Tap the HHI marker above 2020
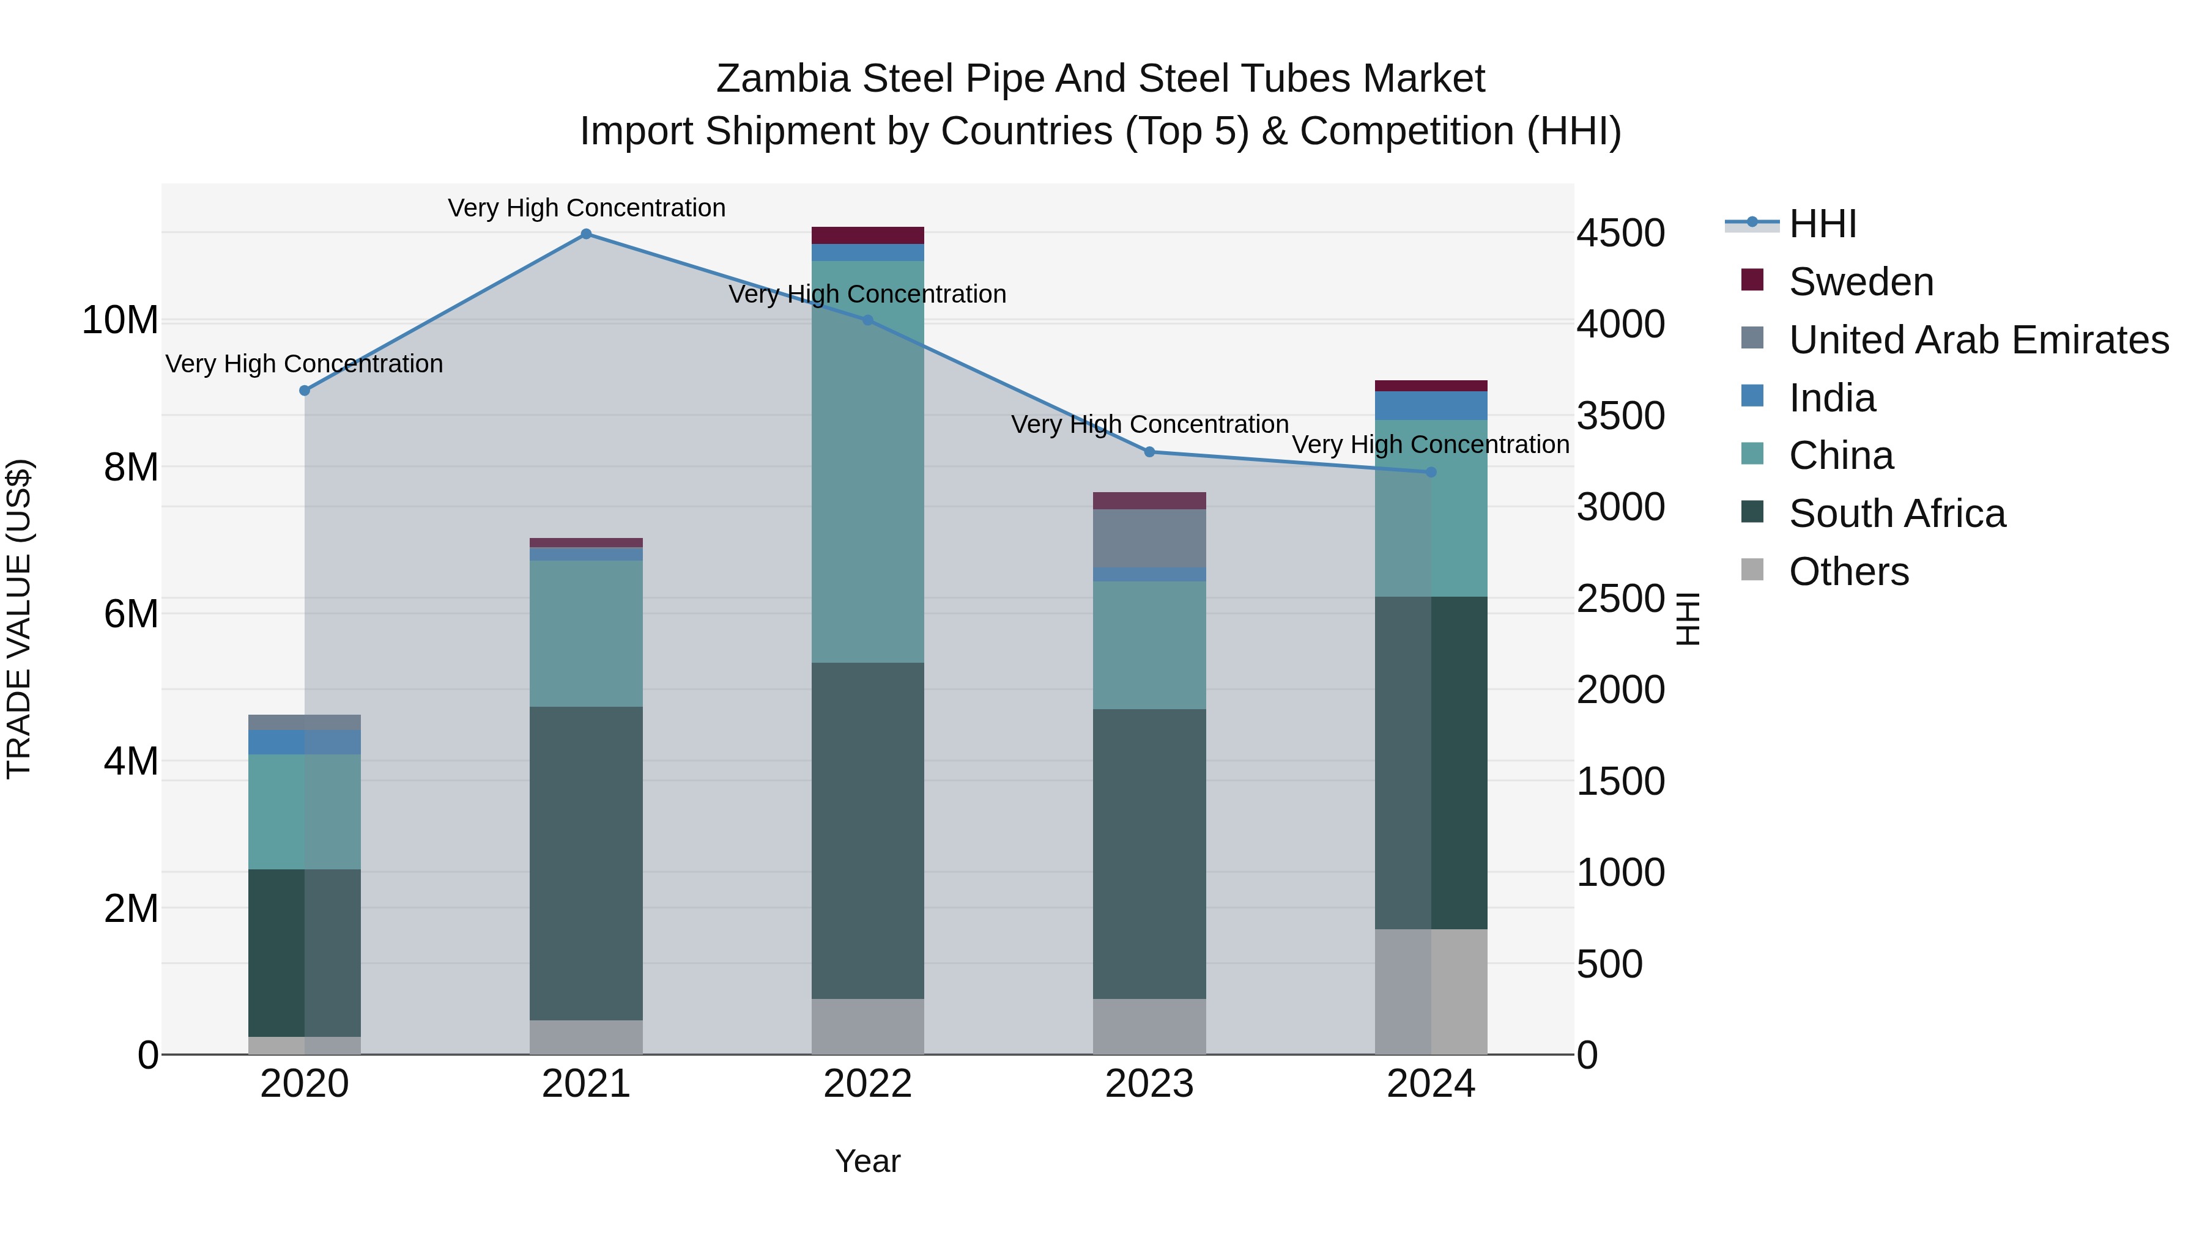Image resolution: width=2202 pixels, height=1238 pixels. [x=305, y=391]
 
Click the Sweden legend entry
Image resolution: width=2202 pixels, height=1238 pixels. [x=1860, y=282]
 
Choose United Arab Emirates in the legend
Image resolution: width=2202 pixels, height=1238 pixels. [x=1978, y=340]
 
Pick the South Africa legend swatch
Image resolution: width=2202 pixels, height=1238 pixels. [x=1752, y=513]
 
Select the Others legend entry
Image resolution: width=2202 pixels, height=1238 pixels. [x=1848, y=572]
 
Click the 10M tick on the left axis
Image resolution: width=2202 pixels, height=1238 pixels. [x=120, y=320]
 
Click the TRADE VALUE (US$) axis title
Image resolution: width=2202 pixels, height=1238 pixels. [x=19, y=619]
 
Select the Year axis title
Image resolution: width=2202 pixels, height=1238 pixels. [x=867, y=1161]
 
